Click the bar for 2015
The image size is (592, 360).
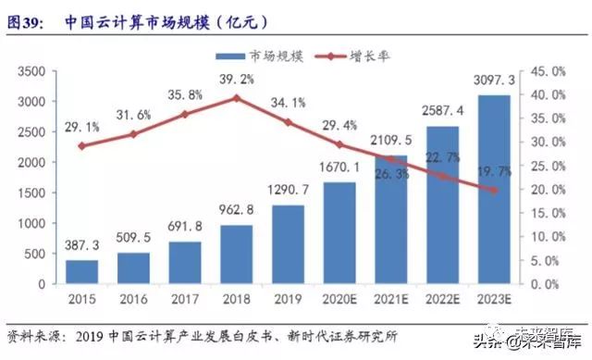(82, 272)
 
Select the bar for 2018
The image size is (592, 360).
(237, 254)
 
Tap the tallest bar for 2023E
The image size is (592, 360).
(493, 190)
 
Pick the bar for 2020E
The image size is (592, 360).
(339, 233)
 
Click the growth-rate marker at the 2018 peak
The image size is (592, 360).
(237, 97)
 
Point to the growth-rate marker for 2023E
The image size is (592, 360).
(493, 191)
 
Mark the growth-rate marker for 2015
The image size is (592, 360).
(82, 145)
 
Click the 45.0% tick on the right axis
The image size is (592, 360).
(549, 71)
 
